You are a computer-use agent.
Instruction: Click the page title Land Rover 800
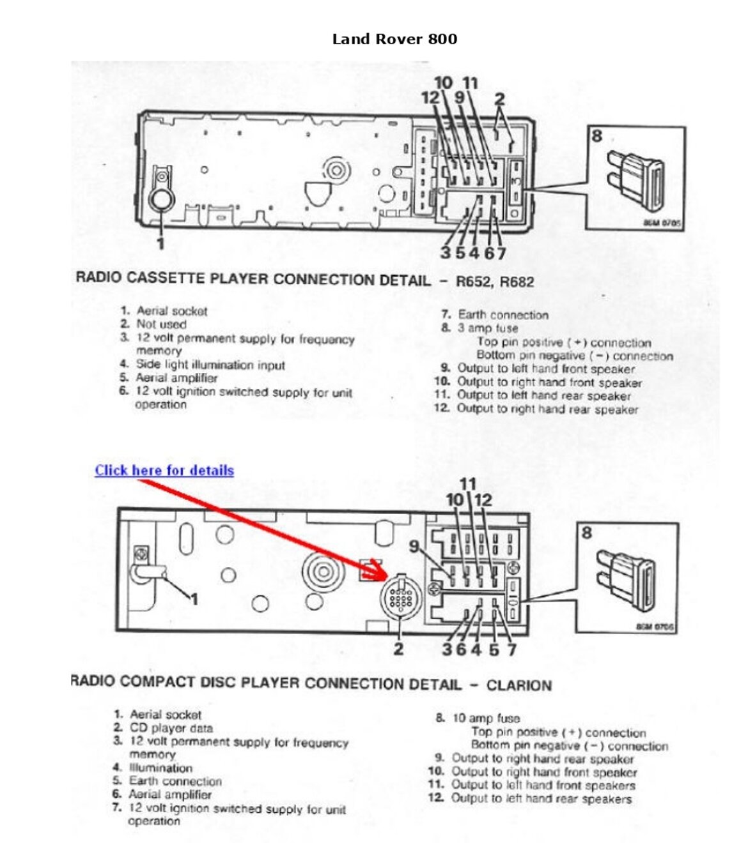point(394,39)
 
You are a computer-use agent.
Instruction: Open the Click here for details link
point(164,471)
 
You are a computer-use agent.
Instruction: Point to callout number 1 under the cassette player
point(160,244)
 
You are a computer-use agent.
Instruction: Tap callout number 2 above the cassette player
point(499,99)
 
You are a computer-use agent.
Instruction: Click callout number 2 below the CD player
point(398,649)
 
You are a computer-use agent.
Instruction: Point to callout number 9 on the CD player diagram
point(415,547)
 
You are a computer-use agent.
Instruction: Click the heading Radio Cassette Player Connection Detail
point(253,279)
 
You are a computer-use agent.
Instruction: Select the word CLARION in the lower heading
point(518,685)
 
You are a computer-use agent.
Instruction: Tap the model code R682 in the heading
point(517,282)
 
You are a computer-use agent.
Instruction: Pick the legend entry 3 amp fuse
point(487,328)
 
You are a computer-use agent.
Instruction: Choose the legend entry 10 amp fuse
point(486,718)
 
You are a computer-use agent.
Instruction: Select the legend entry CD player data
point(171,728)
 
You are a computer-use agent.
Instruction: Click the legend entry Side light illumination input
point(210,365)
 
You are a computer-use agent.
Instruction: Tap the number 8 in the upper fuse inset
point(596,136)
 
